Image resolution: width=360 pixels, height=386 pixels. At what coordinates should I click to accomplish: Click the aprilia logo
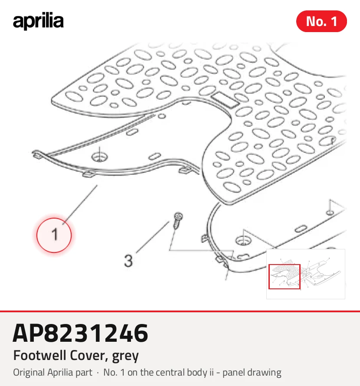point(38,21)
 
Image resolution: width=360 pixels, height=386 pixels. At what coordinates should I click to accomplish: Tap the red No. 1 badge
point(321,21)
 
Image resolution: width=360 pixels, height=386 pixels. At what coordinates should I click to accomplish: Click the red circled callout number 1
point(54,235)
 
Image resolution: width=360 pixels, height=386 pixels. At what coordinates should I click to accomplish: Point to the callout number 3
point(128,261)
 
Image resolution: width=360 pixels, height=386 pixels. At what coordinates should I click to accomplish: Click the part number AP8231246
point(80,333)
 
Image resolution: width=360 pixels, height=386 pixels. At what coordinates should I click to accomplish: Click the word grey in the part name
point(125,357)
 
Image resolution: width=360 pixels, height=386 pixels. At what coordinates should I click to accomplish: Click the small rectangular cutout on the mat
point(225,99)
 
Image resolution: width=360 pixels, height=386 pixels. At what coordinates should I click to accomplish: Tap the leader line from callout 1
point(80,205)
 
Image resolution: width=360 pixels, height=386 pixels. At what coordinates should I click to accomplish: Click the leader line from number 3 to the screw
point(153,237)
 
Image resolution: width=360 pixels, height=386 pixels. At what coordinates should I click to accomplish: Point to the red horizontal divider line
point(180,311)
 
